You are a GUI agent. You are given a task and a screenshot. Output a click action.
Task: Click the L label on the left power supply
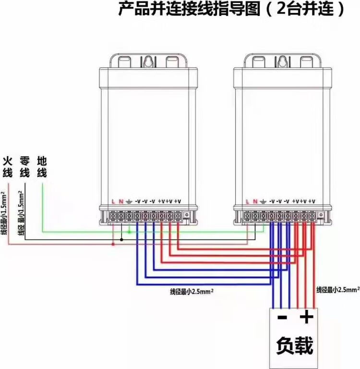click(x=113, y=201)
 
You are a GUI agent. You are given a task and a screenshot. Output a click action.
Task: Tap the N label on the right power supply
click(x=255, y=201)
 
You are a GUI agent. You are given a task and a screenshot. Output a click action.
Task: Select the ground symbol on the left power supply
click(x=129, y=201)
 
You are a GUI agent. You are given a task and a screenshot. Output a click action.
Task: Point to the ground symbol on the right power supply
click(x=263, y=201)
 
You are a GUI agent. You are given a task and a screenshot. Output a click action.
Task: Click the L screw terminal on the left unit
click(x=113, y=217)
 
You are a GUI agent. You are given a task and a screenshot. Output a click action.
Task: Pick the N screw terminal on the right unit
click(x=255, y=217)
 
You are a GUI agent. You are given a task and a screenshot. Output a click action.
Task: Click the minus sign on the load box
click(x=282, y=318)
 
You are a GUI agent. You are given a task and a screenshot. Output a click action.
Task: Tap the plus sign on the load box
click(x=306, y=317)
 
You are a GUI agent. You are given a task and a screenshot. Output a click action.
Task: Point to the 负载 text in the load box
click(x=294, y=345)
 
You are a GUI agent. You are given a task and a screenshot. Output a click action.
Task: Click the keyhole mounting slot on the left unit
click(x=149, y=62)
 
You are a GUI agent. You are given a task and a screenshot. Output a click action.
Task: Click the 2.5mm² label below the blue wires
click(x=192, y=291)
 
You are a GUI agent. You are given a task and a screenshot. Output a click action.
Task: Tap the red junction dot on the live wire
click(x=113, y=244)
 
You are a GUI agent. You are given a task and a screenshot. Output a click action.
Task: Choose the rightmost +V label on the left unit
click(x=178, y=201)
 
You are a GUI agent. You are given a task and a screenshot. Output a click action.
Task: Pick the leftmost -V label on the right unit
click(x=272, y=201)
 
